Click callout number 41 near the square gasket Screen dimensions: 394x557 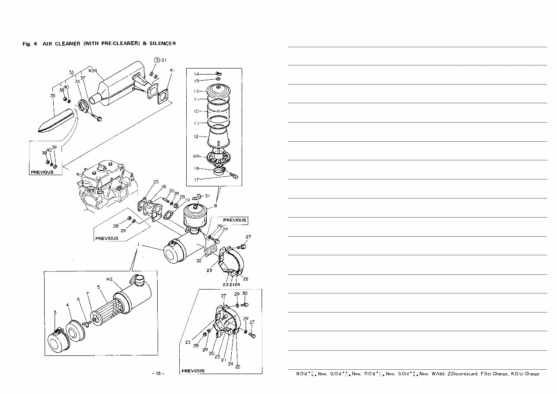[x=172, y=70]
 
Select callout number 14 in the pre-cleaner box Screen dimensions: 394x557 [x=196, y=74]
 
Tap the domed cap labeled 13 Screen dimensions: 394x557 [x=218, y=91]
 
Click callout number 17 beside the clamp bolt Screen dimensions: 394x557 [x=196, y=179]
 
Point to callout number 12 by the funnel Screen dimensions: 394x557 [x=196, y=137]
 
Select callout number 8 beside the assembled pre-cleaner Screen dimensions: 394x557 [x=215, y=206]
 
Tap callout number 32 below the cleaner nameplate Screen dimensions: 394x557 [x=198, y=261]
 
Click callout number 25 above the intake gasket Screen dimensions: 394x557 [x=156, y=182]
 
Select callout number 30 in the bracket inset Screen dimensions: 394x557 [x=245, y=293]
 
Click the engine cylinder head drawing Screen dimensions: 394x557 [x=102, y=186]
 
